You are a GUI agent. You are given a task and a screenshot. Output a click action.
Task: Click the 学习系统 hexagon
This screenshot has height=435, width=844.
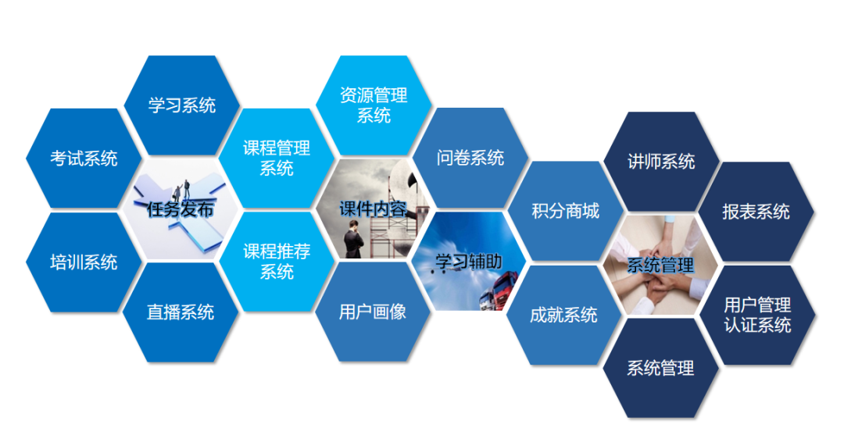pos(181,105)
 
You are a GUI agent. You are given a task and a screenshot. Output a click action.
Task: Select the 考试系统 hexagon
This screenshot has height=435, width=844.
pos(84,159)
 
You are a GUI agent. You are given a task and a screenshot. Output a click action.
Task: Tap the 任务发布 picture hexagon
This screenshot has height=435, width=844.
pos(181,209)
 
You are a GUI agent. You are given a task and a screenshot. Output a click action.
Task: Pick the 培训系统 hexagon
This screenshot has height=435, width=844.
pos(84,262)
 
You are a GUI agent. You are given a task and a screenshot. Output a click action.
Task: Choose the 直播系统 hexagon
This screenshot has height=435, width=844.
pos(181,312)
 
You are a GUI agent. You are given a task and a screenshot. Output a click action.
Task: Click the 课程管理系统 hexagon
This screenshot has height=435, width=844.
pos(277,157)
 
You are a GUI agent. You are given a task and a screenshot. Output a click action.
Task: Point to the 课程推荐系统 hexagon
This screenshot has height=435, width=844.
pos(277,262)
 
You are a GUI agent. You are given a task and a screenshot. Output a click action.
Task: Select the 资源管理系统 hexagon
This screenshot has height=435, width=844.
pos(374,105)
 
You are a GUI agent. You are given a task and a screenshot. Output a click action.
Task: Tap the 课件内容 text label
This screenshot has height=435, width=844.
pos(373,209)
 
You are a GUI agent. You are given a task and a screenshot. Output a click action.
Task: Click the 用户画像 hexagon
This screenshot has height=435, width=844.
pos(373,312)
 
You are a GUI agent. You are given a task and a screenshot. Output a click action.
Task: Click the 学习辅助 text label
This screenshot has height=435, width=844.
pos(469,262)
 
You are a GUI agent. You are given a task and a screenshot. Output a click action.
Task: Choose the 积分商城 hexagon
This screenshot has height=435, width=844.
pos(565,211)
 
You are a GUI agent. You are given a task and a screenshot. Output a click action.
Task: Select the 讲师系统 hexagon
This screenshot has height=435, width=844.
pos(661,162)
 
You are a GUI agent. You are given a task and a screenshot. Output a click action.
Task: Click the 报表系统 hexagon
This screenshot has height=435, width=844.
pos(756,212)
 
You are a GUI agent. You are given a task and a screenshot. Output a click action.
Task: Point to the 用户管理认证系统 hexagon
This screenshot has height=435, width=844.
pos(757,315)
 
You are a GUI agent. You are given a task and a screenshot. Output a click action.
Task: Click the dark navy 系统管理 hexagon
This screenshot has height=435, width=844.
pos(660,368)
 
